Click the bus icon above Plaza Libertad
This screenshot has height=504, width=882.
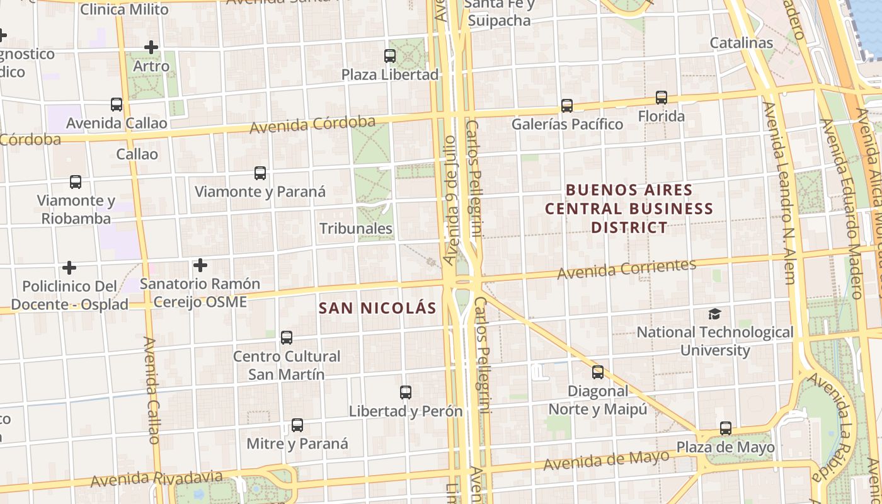tap(390, 56)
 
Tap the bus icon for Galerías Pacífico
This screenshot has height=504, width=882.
tap(567, 105)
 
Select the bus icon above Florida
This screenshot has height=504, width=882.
tap(661, 98)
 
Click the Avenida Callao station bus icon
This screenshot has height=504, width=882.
tap(117, 104)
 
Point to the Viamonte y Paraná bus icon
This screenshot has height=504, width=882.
tap(260, 173)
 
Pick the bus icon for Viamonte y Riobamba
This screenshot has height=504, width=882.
tap(76, 182)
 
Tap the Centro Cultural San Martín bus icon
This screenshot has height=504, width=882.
tap(287, 338)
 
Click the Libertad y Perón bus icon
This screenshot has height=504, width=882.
tap(406, 392)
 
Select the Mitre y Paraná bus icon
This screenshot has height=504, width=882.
tap(297, 425)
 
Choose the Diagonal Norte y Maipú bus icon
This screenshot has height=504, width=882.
tap(598, 372)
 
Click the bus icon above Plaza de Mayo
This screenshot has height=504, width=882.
tap(726, 428)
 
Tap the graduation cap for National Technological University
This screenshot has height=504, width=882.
tap(714, 314)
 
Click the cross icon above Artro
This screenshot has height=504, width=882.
tap(151, 47)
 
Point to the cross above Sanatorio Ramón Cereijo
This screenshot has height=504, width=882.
tap(200, 265)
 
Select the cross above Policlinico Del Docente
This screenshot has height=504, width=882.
tap(69, 268)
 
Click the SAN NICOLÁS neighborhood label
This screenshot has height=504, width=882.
tap(377, 308)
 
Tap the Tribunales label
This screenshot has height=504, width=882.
tap(356, 229)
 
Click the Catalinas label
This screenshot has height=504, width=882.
tap(741, 43)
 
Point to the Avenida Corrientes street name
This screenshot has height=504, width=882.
tap(627, 269)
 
